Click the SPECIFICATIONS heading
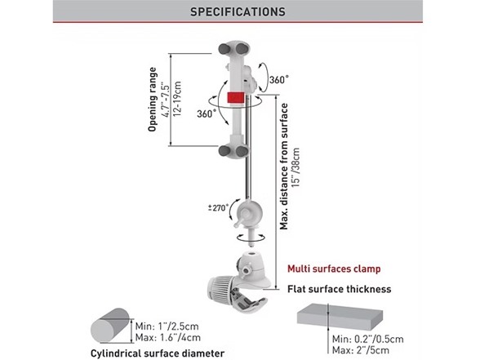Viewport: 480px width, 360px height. point(238,11)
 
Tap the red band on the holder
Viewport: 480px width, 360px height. point(236,98)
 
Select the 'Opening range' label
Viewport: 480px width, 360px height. point(152,100)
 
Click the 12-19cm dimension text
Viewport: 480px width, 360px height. point(177,99)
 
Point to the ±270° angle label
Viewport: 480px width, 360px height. point(218,208)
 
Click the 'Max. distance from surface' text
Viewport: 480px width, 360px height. point(284,167)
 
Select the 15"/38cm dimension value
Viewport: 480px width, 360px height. point(296,168)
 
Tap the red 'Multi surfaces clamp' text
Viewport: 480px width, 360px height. point(334,269)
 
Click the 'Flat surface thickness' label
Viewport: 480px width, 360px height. point(340,289)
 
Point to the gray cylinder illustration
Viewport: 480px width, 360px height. point(110,326)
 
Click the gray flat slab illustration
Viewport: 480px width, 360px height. point(340,317)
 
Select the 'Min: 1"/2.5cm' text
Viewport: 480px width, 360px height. point(167,326)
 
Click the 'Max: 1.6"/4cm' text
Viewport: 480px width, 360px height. point(168,338)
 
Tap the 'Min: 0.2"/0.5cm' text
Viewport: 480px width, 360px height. point(368,339)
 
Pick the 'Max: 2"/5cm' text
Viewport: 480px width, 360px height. point(361,350)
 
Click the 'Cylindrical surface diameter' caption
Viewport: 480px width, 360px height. point(158,353)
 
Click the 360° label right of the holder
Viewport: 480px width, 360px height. point(279,80)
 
